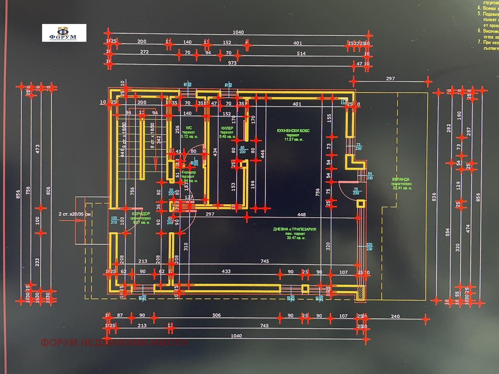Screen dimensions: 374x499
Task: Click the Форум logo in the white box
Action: click(64, 33)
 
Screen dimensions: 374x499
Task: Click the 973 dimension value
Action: click(232, 63)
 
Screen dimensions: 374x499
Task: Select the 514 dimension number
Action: click(301, 54)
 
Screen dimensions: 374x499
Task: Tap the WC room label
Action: click(189, 128)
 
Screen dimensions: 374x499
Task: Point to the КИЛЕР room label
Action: click(227, 128)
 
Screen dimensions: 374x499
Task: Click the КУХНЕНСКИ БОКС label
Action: click(293, 131)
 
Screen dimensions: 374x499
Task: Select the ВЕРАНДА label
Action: click(401, 180)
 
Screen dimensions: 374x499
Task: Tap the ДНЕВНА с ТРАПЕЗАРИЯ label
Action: click(295, 229)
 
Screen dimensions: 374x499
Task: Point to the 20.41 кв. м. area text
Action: click(402, 188)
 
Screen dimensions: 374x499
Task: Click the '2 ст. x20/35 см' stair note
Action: click(75, 214)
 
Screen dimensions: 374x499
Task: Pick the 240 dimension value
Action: click(395, 316)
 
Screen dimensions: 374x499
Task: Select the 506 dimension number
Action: click(216, 315)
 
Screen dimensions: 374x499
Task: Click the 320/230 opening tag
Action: click(369, 247)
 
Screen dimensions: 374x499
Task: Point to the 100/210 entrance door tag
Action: click(114, 220)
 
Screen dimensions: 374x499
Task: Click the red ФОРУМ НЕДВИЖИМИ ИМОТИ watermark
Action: click(114, 343)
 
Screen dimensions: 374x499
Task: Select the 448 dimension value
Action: click(302, 214)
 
